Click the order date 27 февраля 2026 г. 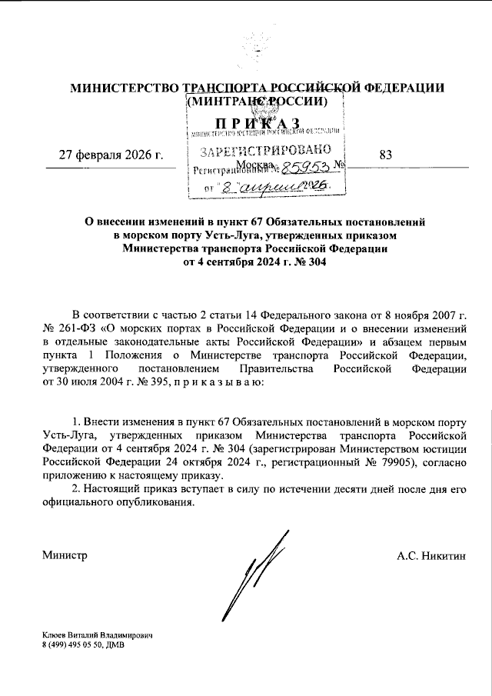click(111, 155)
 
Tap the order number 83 click(385, 155)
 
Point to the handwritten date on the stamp click(277, 186)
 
